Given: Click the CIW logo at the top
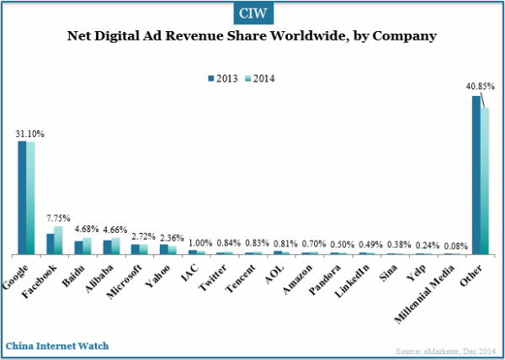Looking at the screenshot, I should (252, 13).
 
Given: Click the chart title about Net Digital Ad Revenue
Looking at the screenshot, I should (252, 37).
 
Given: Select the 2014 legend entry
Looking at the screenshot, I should (260, 78).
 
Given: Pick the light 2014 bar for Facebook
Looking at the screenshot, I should (58, 241).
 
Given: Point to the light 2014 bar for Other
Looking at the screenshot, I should (485, 181).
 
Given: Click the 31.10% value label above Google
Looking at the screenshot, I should (30, 133).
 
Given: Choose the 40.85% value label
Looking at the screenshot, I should (480, 86).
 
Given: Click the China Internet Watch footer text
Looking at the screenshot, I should (57, 346).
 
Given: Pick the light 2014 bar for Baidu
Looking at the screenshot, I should (87, 246).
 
